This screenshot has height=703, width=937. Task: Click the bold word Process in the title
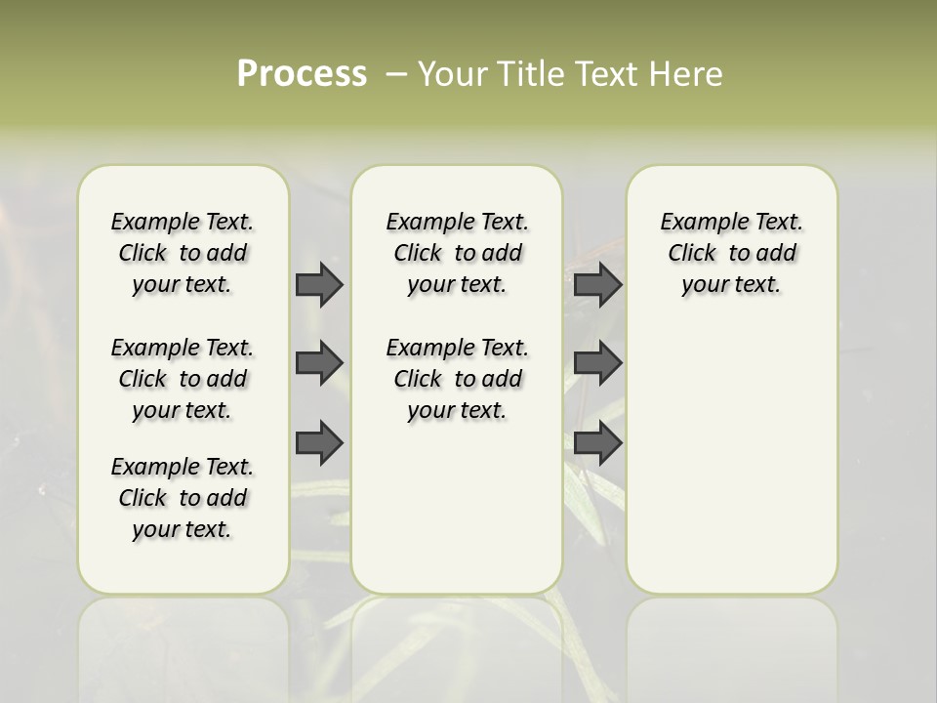point(301,74)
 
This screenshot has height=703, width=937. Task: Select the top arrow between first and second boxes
point(319,284)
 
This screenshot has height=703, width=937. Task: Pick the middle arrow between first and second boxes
point(319,363)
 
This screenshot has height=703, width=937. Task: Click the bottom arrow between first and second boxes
point(319,443)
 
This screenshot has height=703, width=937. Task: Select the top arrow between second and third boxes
point(597,284)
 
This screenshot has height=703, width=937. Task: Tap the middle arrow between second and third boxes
point(597,363)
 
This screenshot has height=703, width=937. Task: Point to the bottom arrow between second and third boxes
point(597,443)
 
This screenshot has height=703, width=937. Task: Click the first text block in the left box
point(183,253)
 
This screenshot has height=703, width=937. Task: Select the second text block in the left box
point(183,379)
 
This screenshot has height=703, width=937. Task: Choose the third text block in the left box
point(183,498)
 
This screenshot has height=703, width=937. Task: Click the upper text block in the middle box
point(457,253)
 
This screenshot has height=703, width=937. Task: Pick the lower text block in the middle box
point(457,379)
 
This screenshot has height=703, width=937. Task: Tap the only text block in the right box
point(732,253)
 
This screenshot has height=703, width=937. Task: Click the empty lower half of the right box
point(732,469)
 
